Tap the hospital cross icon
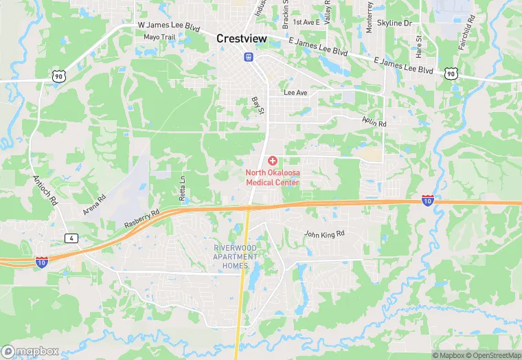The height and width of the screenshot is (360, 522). [x=273, y=160]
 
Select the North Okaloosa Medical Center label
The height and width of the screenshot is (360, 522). [x=273, y=177]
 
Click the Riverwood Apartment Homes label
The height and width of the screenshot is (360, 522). [x=235, y=256]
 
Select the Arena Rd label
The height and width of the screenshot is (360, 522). [x=95, y=205]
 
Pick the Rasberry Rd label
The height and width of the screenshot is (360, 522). [x=141, y=220]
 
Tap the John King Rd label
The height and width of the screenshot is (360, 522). [x=324, y=234]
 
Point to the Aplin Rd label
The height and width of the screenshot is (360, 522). [x=374, y=121]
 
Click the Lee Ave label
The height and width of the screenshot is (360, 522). [x=295, y=93]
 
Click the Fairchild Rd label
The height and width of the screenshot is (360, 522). [x=466, y=28]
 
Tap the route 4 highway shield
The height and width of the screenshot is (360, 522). [x=72, y=238]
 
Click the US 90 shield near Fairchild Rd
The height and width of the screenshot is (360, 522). [x=450, y=72]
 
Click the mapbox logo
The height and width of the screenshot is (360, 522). [x=30, y=351]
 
